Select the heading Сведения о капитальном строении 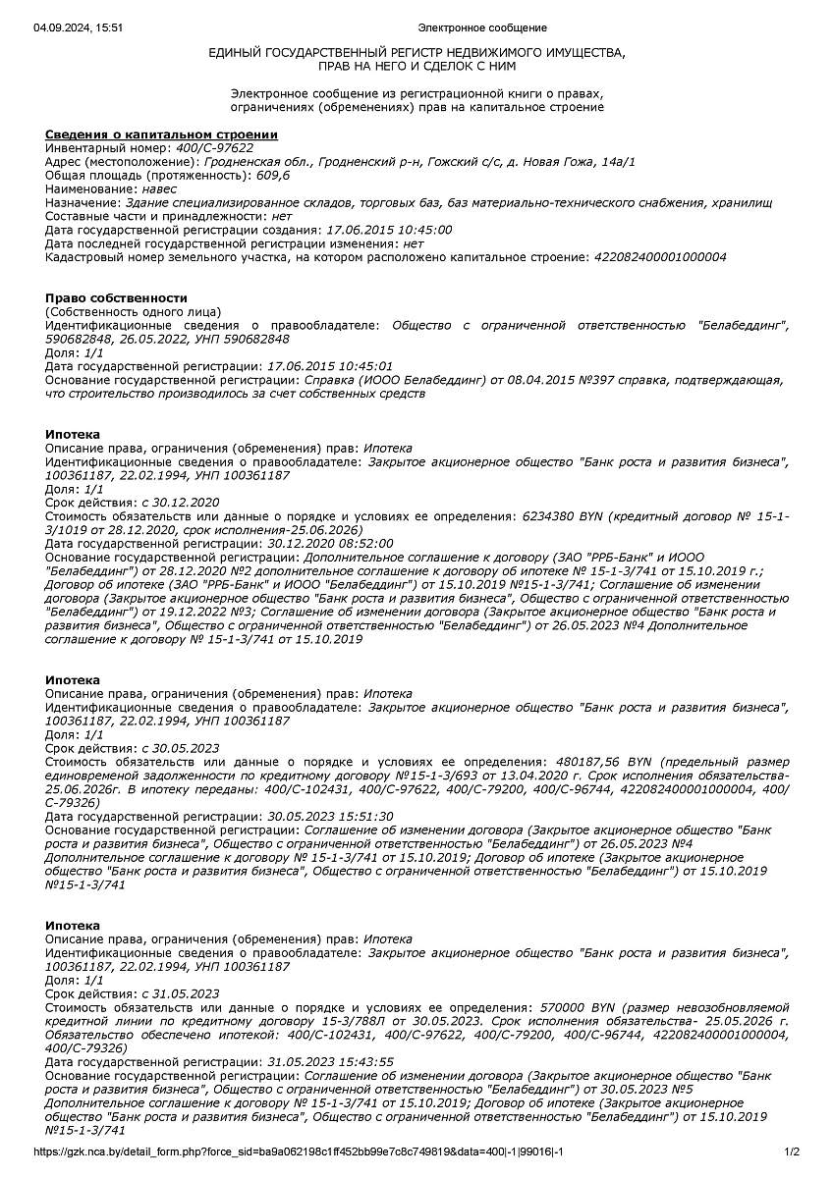161,134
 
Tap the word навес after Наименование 160,188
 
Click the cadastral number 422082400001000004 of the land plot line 660,257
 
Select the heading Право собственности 116,297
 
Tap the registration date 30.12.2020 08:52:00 330,543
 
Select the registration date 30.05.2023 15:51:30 330,816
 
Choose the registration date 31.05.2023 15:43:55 330,1062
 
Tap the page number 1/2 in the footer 793,1151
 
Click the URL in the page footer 298,1151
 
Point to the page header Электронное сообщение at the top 482,27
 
